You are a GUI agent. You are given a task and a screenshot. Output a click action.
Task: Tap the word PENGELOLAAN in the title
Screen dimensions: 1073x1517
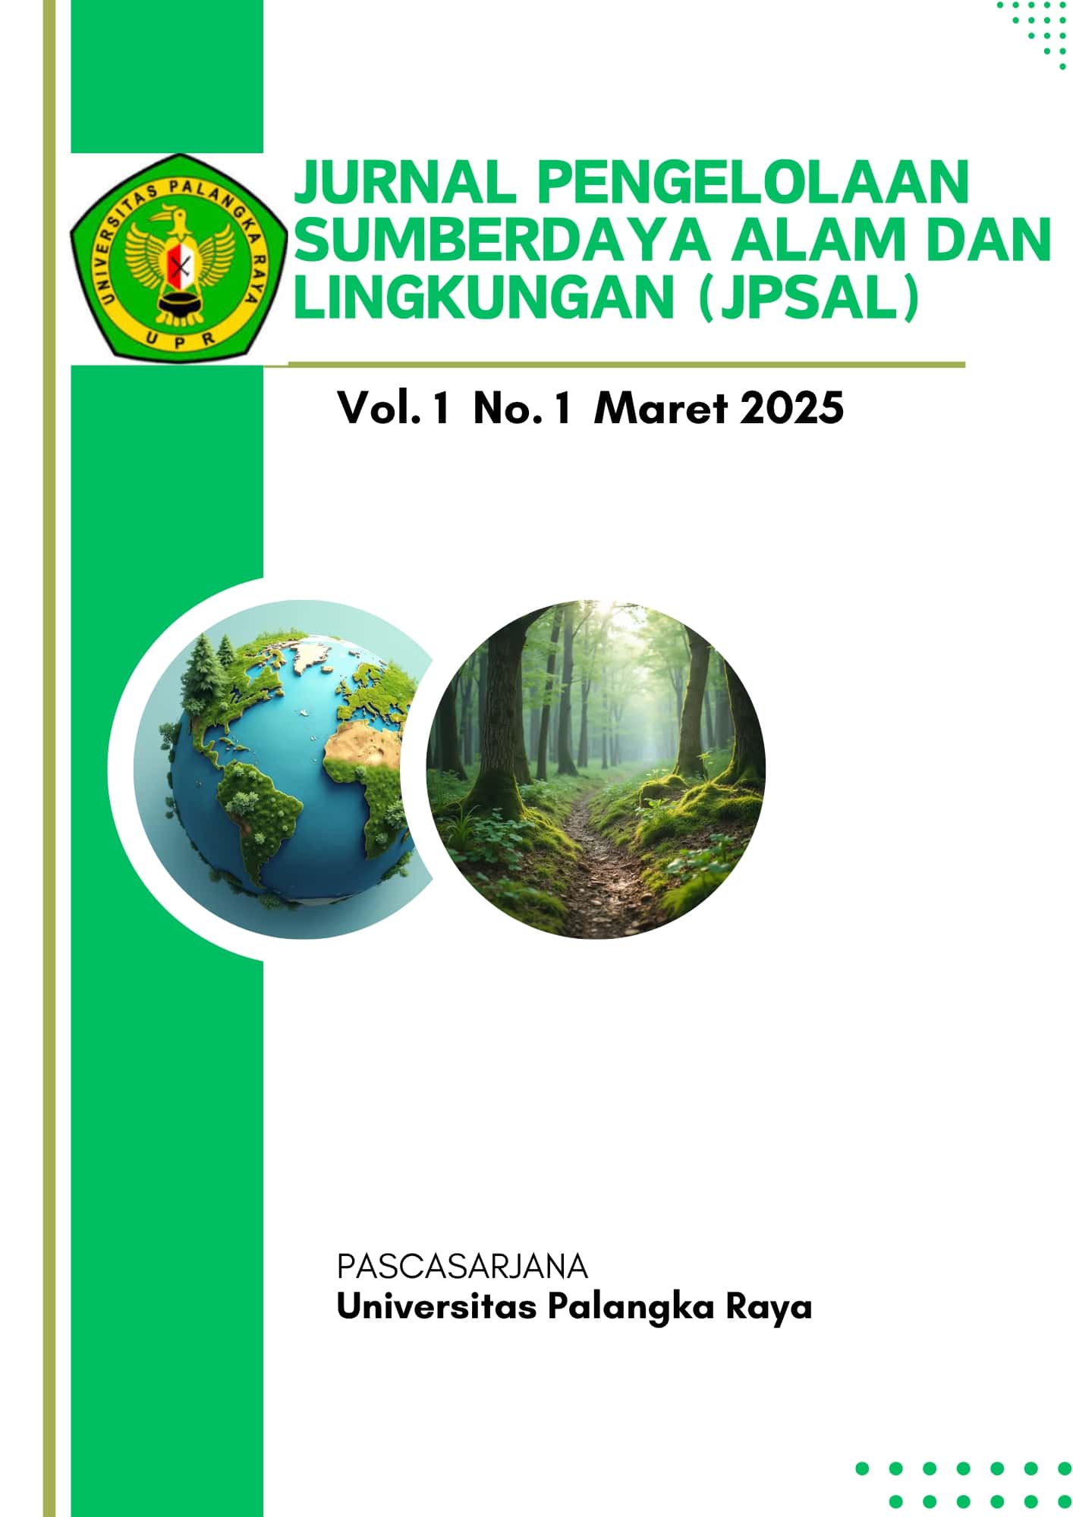coord(753,181)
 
